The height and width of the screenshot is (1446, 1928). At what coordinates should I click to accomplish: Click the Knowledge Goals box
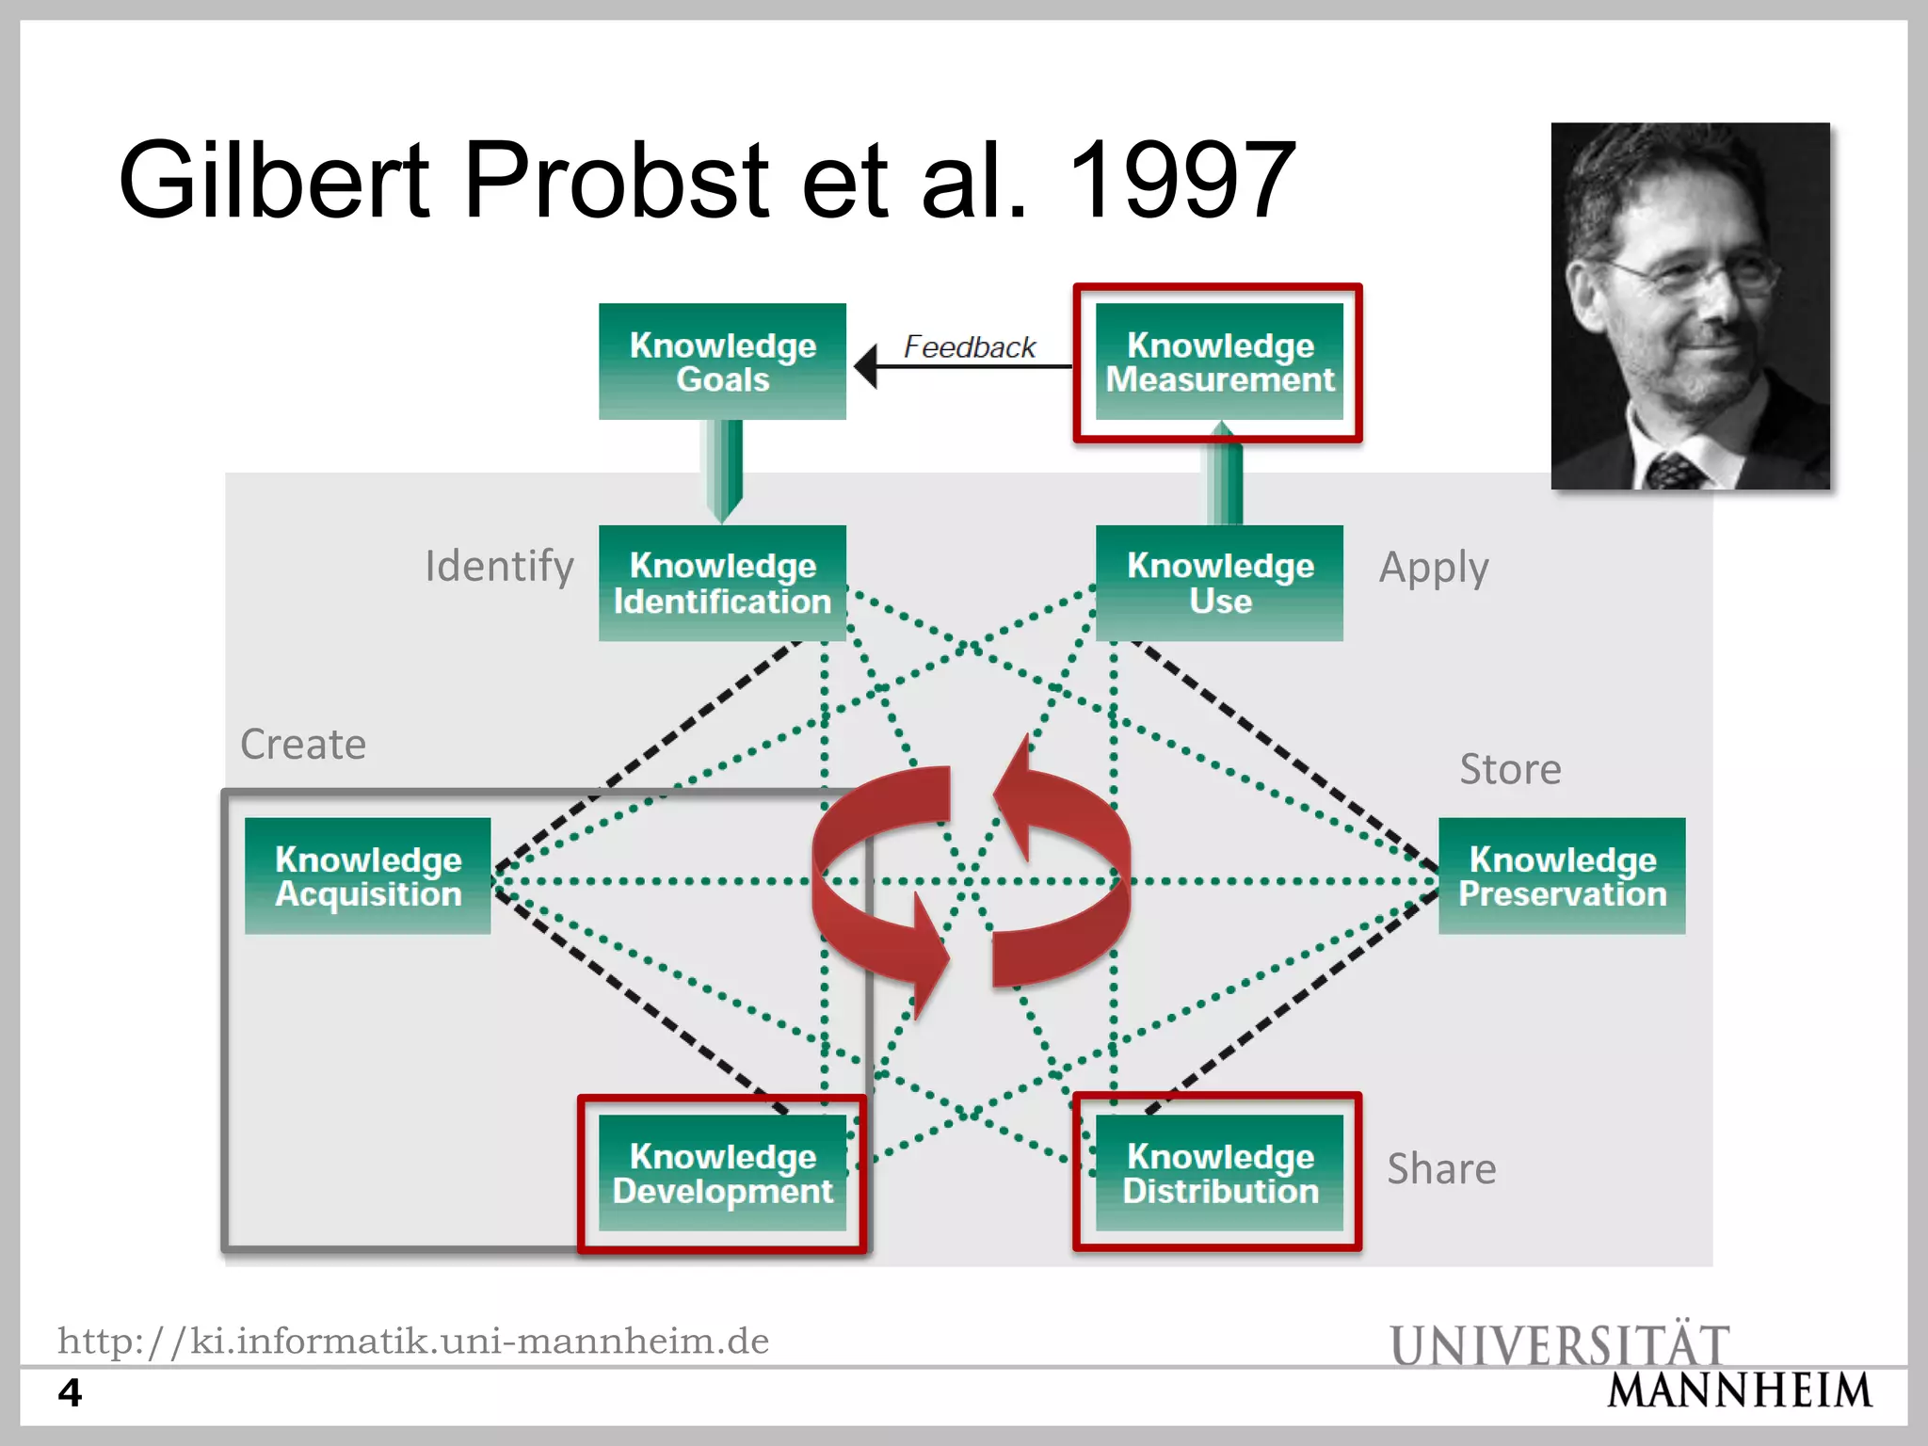[722, 361]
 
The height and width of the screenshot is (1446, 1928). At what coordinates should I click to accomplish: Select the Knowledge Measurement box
[1219, 361]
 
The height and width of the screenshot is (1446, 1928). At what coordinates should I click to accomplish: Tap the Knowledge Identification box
[722, 583]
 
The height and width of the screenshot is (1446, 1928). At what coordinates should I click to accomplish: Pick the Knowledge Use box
[1219, 583]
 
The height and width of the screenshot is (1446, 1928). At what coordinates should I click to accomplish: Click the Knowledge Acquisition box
[368, 876]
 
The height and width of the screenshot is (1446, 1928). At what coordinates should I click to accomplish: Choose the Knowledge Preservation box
[1562, 876]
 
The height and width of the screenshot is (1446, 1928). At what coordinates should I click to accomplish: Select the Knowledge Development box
[722, 1173]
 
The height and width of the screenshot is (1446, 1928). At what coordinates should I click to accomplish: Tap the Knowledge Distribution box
[1219, 1173]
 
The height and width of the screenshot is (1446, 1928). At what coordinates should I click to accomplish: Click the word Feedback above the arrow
[969, 347]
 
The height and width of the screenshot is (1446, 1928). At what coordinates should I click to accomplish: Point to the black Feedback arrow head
[866, 366]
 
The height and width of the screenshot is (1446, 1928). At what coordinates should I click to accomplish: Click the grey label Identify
[499, 567]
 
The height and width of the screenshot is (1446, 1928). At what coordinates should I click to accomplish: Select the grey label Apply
[1433, 569]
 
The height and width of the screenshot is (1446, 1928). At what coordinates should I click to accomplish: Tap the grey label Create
[303, 745]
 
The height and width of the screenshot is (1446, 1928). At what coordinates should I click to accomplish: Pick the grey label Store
[1510, 770]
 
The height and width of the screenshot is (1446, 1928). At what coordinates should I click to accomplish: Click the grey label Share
[1441, 1169]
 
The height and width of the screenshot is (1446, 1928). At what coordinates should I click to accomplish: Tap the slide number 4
[70, 1392]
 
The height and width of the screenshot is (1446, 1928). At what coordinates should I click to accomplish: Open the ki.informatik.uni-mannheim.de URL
[413, 1341]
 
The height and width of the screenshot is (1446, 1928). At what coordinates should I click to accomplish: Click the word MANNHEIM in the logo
[1739, 1391]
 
